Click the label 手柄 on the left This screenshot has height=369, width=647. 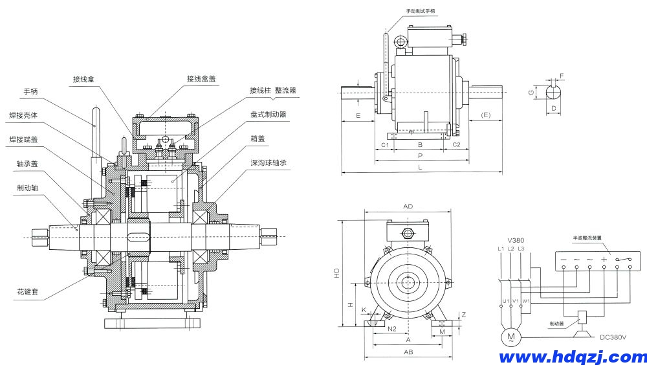coord(30,91)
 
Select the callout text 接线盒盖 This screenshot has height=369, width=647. coord(201,78)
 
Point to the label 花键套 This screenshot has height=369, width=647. coord(28,292)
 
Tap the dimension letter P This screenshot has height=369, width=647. coord(420,156)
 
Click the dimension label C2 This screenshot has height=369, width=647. coord(456,144)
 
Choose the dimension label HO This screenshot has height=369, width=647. coord(336,274)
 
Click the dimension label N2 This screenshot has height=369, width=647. coord(391,329)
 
